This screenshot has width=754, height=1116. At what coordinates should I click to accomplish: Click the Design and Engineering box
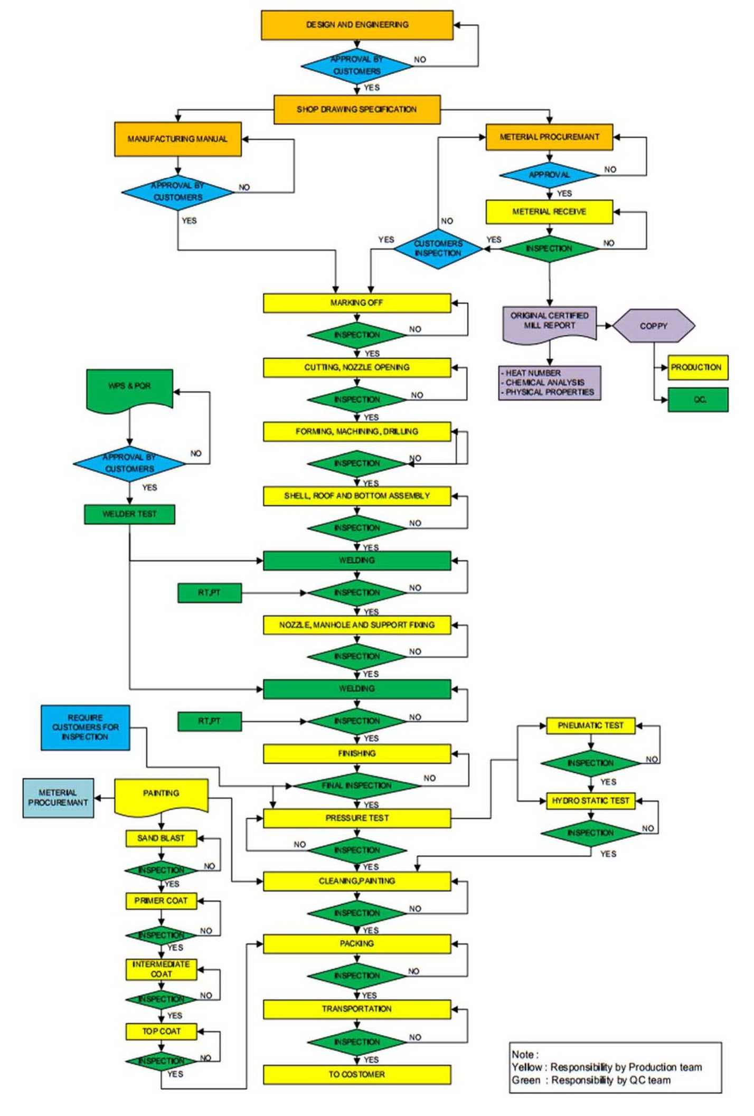(357, 25)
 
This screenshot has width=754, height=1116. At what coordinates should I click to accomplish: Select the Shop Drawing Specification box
(357, 110)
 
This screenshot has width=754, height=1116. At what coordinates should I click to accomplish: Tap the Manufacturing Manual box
(178, 139)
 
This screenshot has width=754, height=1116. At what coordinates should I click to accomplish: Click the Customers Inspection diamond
(438, 248)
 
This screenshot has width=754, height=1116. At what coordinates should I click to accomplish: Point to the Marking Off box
(357, 303)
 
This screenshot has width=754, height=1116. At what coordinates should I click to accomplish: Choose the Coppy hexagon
(654, 326)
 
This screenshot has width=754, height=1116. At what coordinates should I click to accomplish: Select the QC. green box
(698, 400)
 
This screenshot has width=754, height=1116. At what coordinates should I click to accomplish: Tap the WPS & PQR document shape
(129, 388)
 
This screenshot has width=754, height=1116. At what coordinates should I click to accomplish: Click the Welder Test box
(129, 514)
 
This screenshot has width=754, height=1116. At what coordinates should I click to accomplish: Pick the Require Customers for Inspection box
(86, 727)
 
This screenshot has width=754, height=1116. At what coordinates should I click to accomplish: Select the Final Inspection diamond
(357, 786)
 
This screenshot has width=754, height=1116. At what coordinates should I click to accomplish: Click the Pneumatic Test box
(590, 726)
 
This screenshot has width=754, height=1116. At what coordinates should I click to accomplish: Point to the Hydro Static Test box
(590, 801)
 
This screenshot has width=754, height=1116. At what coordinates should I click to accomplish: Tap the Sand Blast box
(161, 838)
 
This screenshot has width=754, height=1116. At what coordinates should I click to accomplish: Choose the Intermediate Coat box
(161, 969)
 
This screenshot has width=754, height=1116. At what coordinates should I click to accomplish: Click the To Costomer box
(357, 1074)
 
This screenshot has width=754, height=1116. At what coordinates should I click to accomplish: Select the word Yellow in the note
(526, 1067)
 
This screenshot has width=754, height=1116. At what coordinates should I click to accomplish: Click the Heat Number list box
(549, 383)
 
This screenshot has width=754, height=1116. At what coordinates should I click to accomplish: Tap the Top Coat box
(161, 1032)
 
